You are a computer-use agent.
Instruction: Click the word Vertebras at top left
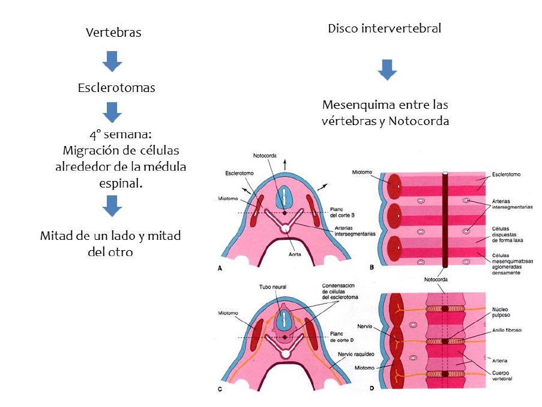[113, 32]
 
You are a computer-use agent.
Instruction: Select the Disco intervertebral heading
[385, 28]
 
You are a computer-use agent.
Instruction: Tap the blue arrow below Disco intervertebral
[387, 69]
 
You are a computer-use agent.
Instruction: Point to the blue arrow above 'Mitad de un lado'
[112, 206]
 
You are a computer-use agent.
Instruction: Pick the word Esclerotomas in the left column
[116, 88]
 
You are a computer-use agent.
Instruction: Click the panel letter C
[220, 389]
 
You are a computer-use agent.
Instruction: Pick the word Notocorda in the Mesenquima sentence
[418, 121]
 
